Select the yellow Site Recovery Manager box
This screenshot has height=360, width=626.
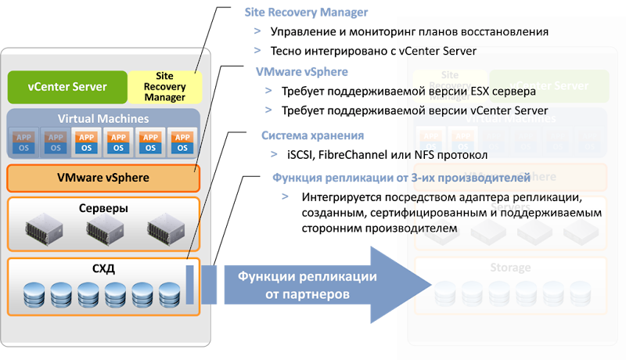(164, 87)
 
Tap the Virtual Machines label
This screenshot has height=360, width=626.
(103, 119)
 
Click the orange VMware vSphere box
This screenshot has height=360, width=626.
(103, 178)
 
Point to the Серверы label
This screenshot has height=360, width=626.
(104, 209)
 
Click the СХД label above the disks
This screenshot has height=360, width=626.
(103, 268)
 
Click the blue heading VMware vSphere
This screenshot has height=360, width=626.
(302, 71)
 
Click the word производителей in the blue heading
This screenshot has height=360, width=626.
(485, 178)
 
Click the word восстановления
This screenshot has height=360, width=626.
(504, 32)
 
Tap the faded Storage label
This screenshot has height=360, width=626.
(510, 268)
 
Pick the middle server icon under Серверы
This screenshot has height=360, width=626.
(104, 229)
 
